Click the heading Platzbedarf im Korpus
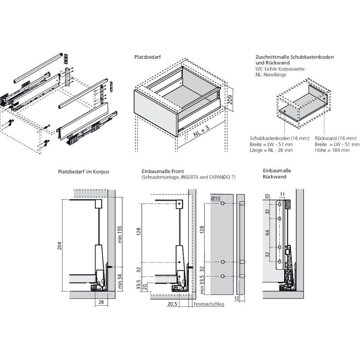83,172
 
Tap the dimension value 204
60,245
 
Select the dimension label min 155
120,235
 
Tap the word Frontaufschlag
209,304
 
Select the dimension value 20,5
172,304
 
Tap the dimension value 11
282,194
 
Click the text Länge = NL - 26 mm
271,150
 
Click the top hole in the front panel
223,204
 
